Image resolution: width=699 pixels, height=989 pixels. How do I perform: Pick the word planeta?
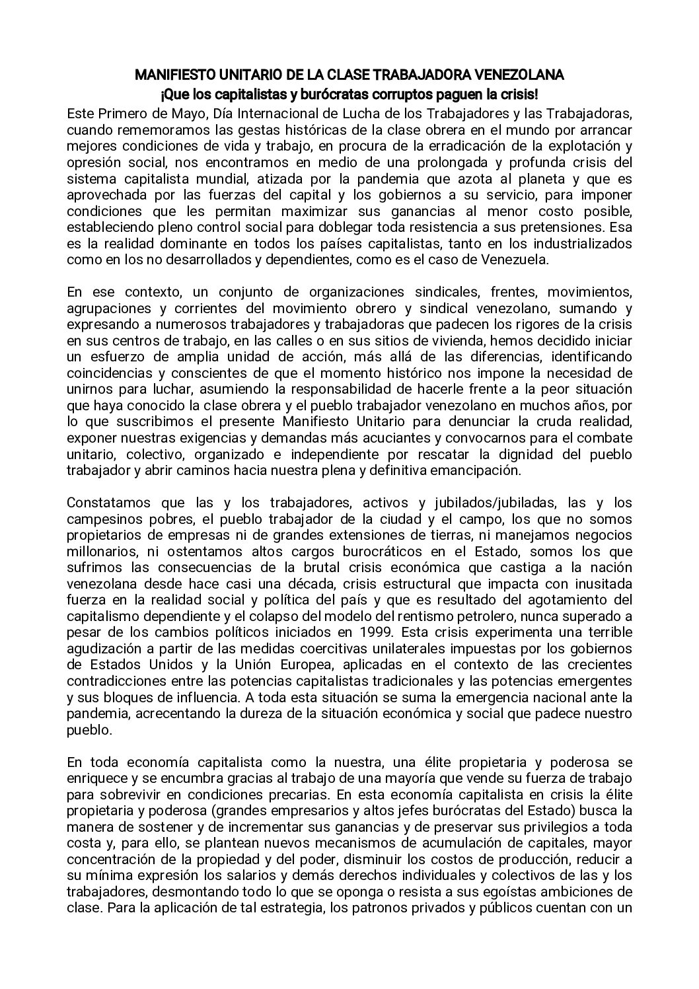click(515, 179)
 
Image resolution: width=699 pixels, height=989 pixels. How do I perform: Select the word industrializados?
click(585, 243)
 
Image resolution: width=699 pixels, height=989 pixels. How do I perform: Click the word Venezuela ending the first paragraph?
click(516, 260)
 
